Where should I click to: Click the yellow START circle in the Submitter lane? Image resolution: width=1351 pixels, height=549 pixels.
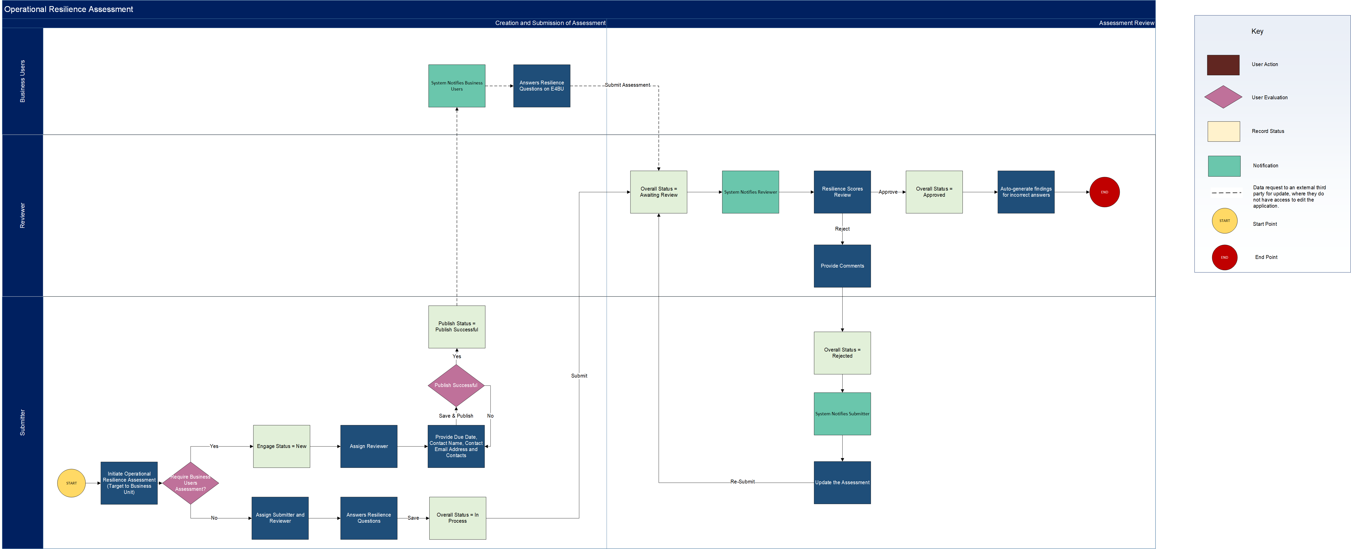pyautogui.click(x=71, y=483)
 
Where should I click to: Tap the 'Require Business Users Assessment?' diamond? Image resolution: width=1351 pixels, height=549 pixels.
pyautogui.click(x=190, y=483)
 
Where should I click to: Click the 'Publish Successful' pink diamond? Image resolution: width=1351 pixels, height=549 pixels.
pyautogui.click(x=456, y=385)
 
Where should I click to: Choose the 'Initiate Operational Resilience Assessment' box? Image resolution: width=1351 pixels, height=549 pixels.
pyautogui.click(x=129, y=483)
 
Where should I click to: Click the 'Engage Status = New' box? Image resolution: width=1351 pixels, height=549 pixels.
pyautogui.click(x=282, y=446)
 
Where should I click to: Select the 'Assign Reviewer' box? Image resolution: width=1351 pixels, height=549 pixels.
pyautogui.click(x=369, y=446)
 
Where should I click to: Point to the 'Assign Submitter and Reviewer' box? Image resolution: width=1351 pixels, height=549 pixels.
pyautogui.click(x=280, y=518)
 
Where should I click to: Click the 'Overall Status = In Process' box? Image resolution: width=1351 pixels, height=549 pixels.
pyautogui.click(x=457, y=518)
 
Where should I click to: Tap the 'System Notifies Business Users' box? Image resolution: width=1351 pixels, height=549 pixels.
pyautogui.click(x=457, y=86)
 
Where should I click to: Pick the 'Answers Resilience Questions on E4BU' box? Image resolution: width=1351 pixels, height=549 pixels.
pyautogui.click(x=542, y=86)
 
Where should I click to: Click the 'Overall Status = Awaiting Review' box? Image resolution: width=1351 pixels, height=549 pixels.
pyautogui.click(x=659, y=192)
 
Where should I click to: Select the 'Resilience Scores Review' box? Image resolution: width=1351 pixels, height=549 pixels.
pyautogui.click(x=842, y=192)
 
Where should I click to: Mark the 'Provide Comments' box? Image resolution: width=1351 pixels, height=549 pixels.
pyautogui.click(x=842, y=266)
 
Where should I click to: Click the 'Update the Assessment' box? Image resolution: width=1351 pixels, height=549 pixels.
pyautogui.click(x=842, y=482)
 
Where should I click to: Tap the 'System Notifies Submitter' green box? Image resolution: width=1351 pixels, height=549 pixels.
pyautogui.click(x=842, y=414)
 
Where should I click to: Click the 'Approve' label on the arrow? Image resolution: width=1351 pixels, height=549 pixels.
pyautogui.click(x=888, y=192)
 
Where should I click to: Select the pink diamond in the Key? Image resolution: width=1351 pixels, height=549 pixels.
pyautogui.click(x=1223, y=97)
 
